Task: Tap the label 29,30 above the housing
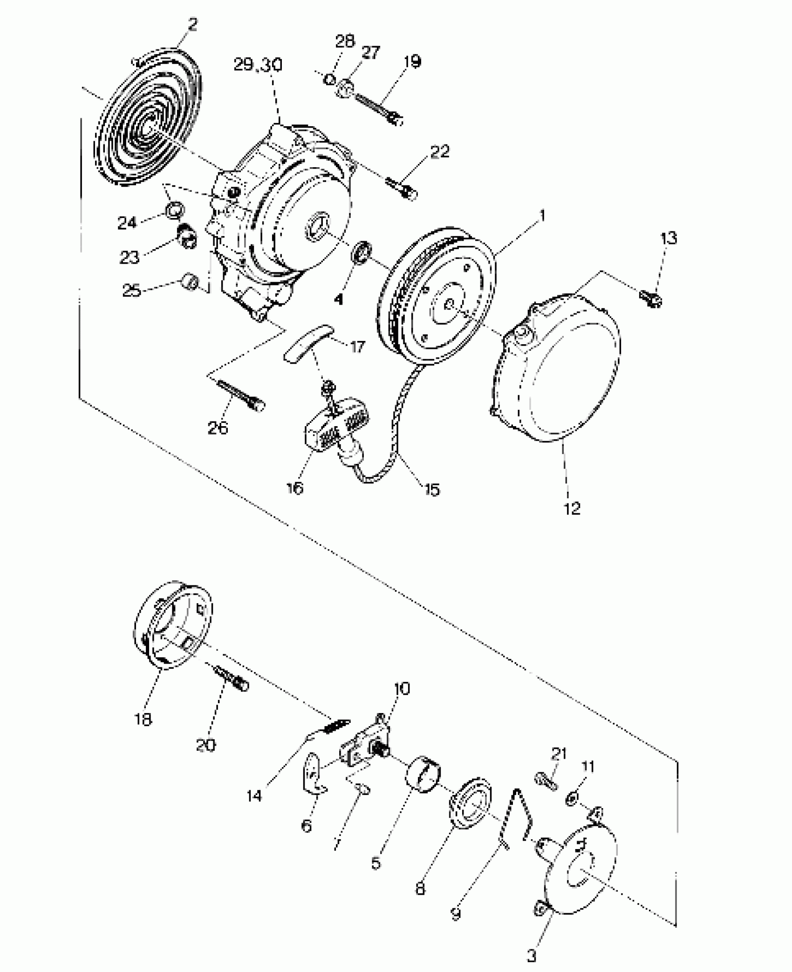click(258, 65)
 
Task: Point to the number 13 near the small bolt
click(669, 238)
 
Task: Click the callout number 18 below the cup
click(143, 720)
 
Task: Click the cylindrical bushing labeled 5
click(424, 774)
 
